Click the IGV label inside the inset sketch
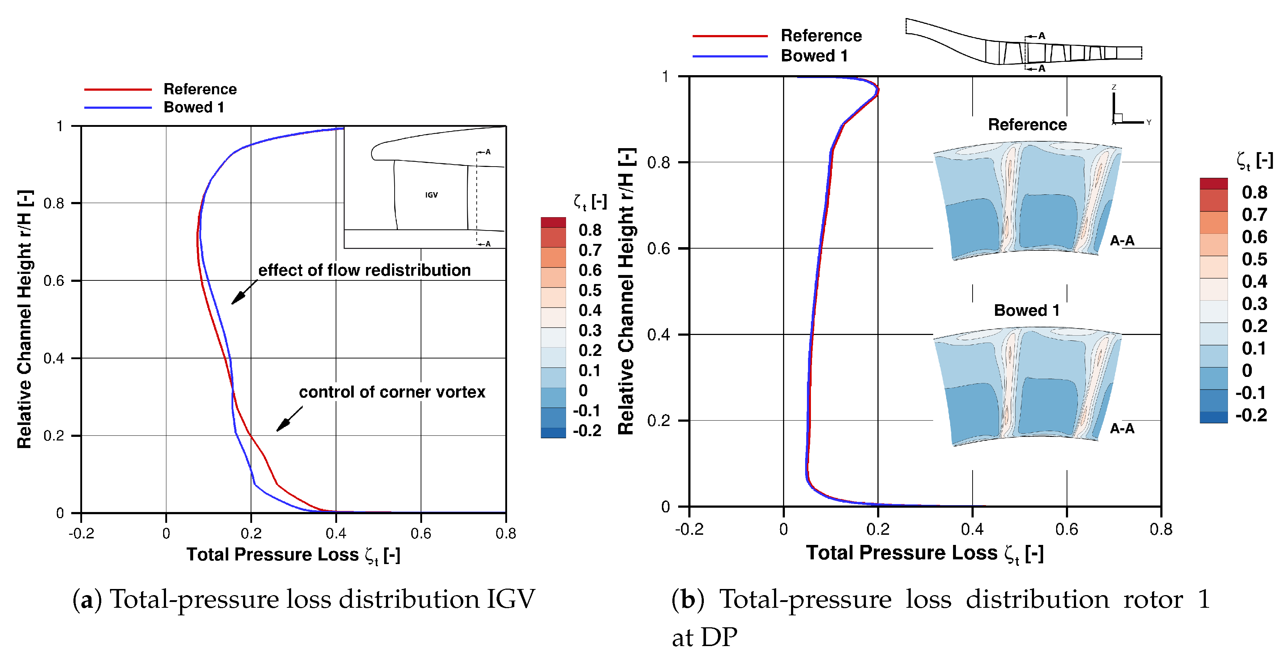[x=431, y=195]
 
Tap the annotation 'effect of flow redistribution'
[x=364, y=270]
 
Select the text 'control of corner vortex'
[x=392, y=392]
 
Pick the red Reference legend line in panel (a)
[x=118, y=90]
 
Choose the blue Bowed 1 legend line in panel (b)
[x=730, y=56]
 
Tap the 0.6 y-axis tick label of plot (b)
[x=658, y=248]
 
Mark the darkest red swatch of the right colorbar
[x=1213, y=183]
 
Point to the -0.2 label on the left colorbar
[x=587, y=430]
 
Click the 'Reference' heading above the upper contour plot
[x=1027, y=125]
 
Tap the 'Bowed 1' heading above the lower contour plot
[x=1026, y=310]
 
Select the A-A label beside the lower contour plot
[x=1122, y=429]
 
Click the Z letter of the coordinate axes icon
[x=1114, y=87]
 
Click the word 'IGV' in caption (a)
[x=510, y=599]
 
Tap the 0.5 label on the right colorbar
[x=1254, y=259]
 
